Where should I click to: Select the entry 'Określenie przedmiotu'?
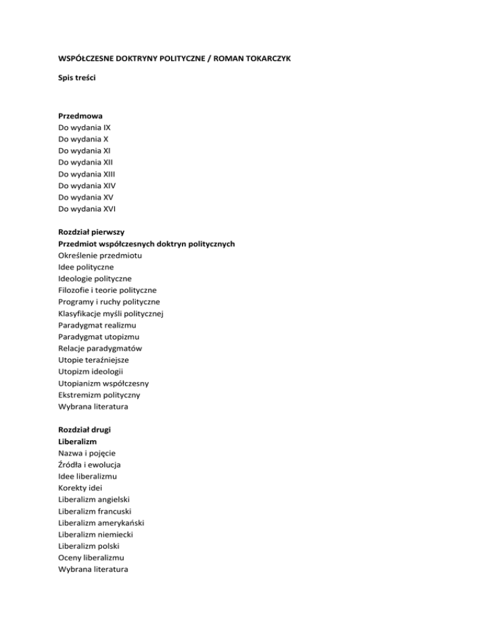click(x=100, y=255)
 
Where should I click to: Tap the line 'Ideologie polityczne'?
click(x=95, y=278)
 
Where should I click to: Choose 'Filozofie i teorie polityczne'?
click(x=107, y=290)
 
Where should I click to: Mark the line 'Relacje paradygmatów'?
click(x=100, y=348)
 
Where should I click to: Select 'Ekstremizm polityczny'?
click(x=100, y=395)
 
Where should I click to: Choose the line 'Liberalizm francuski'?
click(x=98, y=511)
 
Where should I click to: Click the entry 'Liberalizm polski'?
click(x=93, y=546)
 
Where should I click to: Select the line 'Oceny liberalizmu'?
click(x=94, y=557)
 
